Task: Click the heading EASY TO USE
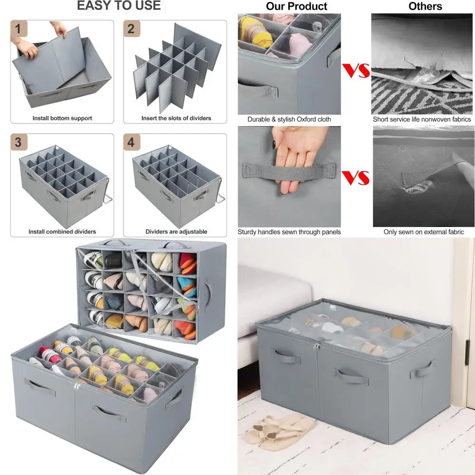point(119,6)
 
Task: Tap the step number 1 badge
point(18,29)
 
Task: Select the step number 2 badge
point(131,29)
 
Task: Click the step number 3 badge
point(18,142)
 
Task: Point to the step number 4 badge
point(131,142)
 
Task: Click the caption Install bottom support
point(62,118)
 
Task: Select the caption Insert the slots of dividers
point(176,118)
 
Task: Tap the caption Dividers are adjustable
point(176,232)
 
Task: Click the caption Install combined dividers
point(62,232)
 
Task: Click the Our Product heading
point(296,7)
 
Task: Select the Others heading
point(425,7)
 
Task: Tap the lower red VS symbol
point(356,178)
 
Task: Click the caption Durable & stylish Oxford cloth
point(289,120)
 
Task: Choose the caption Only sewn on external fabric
point(424,232)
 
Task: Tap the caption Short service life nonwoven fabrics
point(422,120)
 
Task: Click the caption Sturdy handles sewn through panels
point(289,232)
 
